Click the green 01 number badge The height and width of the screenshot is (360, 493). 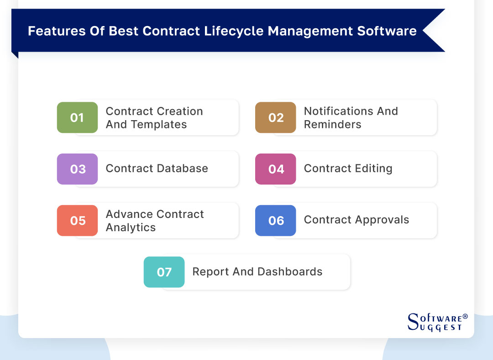(x=77, y=117)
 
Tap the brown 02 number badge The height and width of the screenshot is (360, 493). (x=276, y=117)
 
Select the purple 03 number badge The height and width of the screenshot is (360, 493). (x=77, y=169)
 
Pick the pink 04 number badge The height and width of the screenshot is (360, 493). (x=276, y=169)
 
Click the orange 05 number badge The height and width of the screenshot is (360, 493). (x=77, y=221)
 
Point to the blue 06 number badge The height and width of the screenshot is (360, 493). (x=276, y=221)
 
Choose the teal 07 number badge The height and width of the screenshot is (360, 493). (x=164, y=272)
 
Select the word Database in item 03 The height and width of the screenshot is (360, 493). (x=183, y=169)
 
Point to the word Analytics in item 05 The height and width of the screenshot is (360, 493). (x=131, y=228)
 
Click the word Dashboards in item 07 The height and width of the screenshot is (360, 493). (x=290, y=271)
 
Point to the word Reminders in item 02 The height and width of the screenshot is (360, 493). (x=332, y=125)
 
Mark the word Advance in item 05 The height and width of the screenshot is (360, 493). (x=129, y=214)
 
